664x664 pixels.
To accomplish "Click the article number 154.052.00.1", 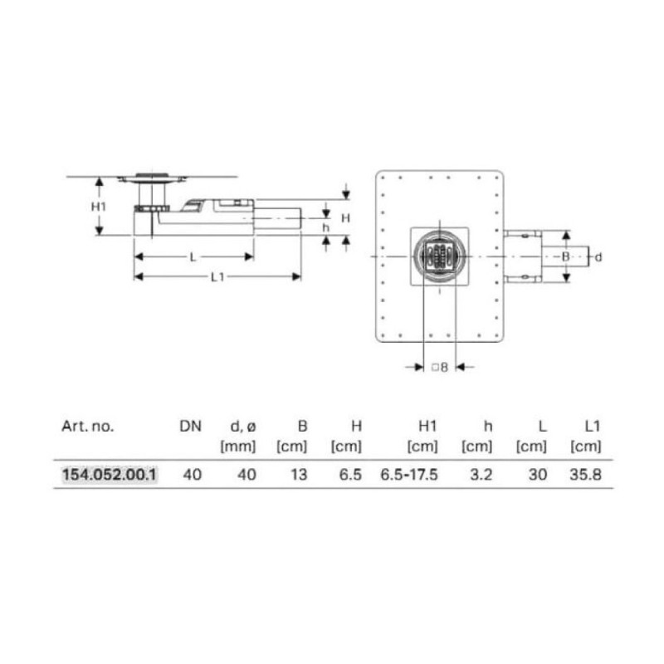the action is point(110,474).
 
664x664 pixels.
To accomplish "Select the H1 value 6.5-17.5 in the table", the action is point(409,474).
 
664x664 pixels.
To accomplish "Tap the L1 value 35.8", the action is point(586,474).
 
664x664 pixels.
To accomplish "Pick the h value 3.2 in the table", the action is point(481,474).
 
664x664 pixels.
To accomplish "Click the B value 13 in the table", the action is point(299,474).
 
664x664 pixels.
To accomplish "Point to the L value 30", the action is point(538,474).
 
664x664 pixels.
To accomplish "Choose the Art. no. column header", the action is point(88,426).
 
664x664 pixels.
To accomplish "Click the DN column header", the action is point(191,426).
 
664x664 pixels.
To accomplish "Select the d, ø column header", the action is point(243,427).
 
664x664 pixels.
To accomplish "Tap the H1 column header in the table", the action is point(427,426).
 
